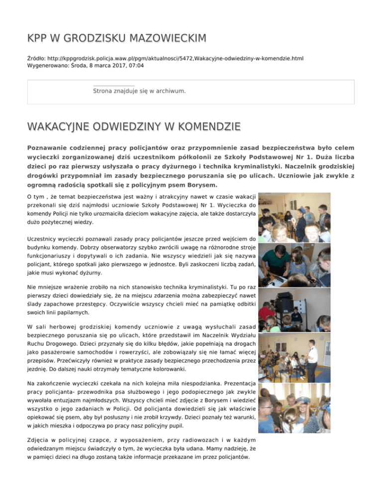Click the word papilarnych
(70, 313)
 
